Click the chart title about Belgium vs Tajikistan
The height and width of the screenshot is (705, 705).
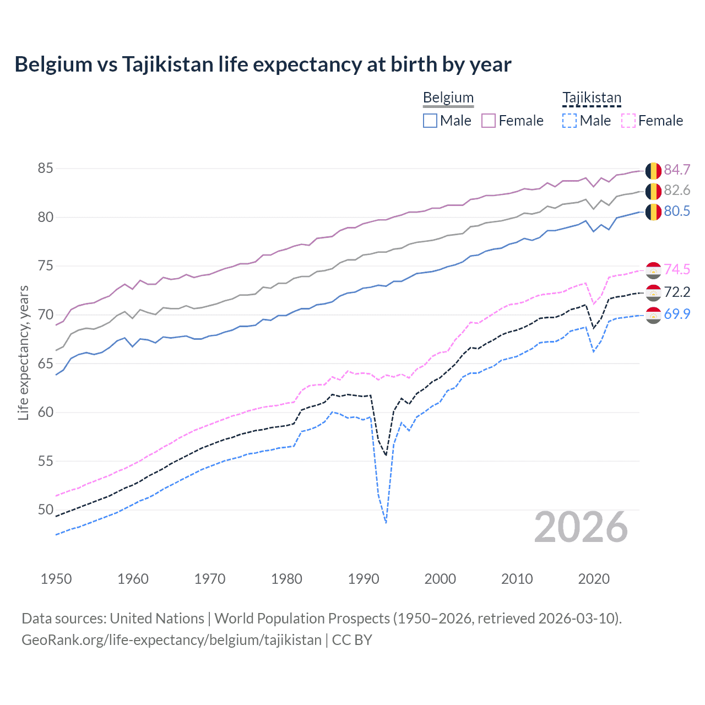click(x=263, y=64)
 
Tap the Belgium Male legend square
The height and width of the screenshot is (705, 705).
click(x=430, y=121)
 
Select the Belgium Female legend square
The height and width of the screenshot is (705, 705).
click(x=489, y=121)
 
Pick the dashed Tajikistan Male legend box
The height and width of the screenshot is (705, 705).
click(x=570, y=121)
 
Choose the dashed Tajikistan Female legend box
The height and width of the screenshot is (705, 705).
click(x=628, y=121)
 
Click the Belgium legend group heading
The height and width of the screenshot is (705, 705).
click(x=448, y=98)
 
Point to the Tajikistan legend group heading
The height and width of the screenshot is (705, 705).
click(x=592, y=98)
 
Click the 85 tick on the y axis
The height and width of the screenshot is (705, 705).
click(x=45, y=168)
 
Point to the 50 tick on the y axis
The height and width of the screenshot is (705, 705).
click(x=45, y=509)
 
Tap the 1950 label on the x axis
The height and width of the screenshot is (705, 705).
click(x=56, y=579)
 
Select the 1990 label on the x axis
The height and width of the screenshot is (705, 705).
click(x=364, y=579)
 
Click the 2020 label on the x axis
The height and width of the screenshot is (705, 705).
click(x=594, y=579)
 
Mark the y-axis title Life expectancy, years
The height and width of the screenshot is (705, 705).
click(x=23, y=352)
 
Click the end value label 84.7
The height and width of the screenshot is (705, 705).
click(x=677, y=170)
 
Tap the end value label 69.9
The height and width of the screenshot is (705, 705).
click(x=677, y=314)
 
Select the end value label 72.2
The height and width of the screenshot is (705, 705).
click(x=677, y=292)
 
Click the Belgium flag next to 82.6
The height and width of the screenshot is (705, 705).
click(x=653, y=191)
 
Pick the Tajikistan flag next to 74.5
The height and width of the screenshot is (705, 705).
click(x=653, y=270)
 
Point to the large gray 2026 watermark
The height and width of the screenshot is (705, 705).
click(x=581, y=528)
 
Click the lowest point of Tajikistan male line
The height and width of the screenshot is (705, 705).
click(x=386, y=523)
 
